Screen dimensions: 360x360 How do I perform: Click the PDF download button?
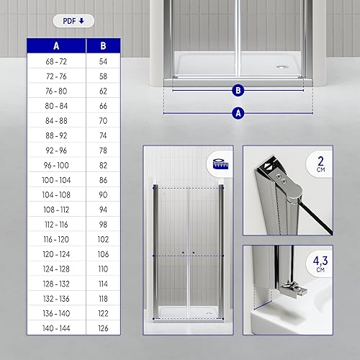coord(73,21)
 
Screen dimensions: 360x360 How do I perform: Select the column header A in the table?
coord(56,45)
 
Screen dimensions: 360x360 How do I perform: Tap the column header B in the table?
coord(103,45)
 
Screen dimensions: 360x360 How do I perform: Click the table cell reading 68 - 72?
coord(56,61)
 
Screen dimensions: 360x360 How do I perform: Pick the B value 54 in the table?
coord(103,61)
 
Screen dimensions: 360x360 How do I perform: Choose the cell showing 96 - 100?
coord(56,165)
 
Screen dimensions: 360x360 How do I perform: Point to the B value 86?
coord(103,180)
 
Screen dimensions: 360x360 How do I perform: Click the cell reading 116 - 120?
coord(56,239)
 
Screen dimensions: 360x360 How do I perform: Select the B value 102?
coord(103,239)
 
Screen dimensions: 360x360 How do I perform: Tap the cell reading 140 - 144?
coord(56,328)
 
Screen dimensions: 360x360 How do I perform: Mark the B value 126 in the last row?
coord(103,328)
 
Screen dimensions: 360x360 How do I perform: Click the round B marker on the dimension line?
coord(238,91)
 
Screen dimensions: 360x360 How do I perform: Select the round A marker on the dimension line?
coord(238,113)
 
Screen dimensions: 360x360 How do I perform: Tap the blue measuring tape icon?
coord(220,164)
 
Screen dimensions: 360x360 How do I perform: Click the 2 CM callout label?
coord(320,164)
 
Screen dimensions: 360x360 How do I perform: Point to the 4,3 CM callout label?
coord(320,264)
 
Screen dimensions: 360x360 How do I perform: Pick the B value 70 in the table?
coord(103,121)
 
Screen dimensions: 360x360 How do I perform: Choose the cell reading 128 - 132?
coord(56,284)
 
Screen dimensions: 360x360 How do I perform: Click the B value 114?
coord(103,284)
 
